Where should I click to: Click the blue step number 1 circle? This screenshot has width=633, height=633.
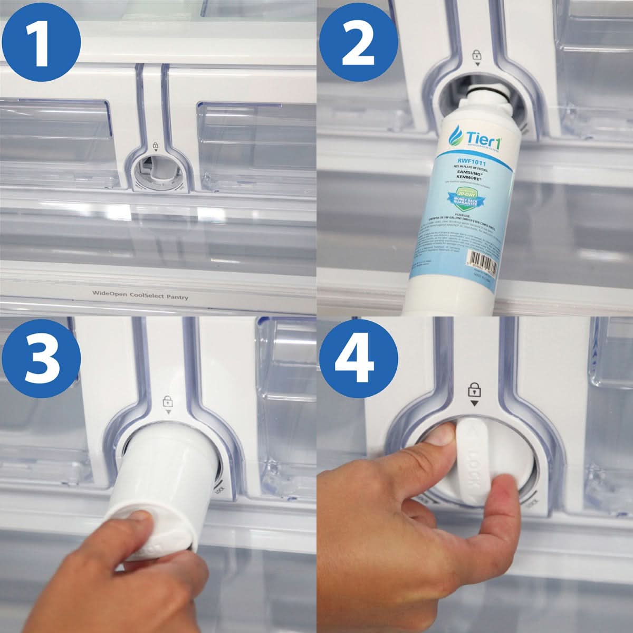[41, 41]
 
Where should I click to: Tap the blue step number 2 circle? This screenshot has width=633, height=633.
[358, 41]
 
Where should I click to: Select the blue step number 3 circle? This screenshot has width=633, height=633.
[41, 358]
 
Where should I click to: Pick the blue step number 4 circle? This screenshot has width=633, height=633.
[358, 358]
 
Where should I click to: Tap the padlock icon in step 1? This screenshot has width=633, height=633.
[155, 145]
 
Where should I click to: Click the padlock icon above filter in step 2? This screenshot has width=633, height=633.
[477, 55]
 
